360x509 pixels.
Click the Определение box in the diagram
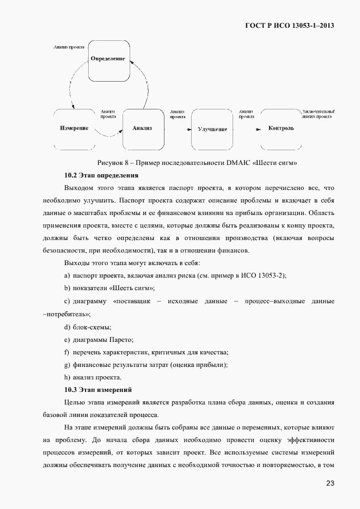108,59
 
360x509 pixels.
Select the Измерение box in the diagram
74,128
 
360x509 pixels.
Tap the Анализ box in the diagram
142,128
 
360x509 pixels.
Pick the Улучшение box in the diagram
212,129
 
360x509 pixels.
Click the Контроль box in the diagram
281,128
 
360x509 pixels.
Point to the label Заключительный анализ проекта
318,113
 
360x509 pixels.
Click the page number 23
330,483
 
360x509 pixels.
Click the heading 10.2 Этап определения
101,175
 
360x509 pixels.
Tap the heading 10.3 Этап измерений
98,390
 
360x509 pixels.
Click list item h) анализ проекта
93,377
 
